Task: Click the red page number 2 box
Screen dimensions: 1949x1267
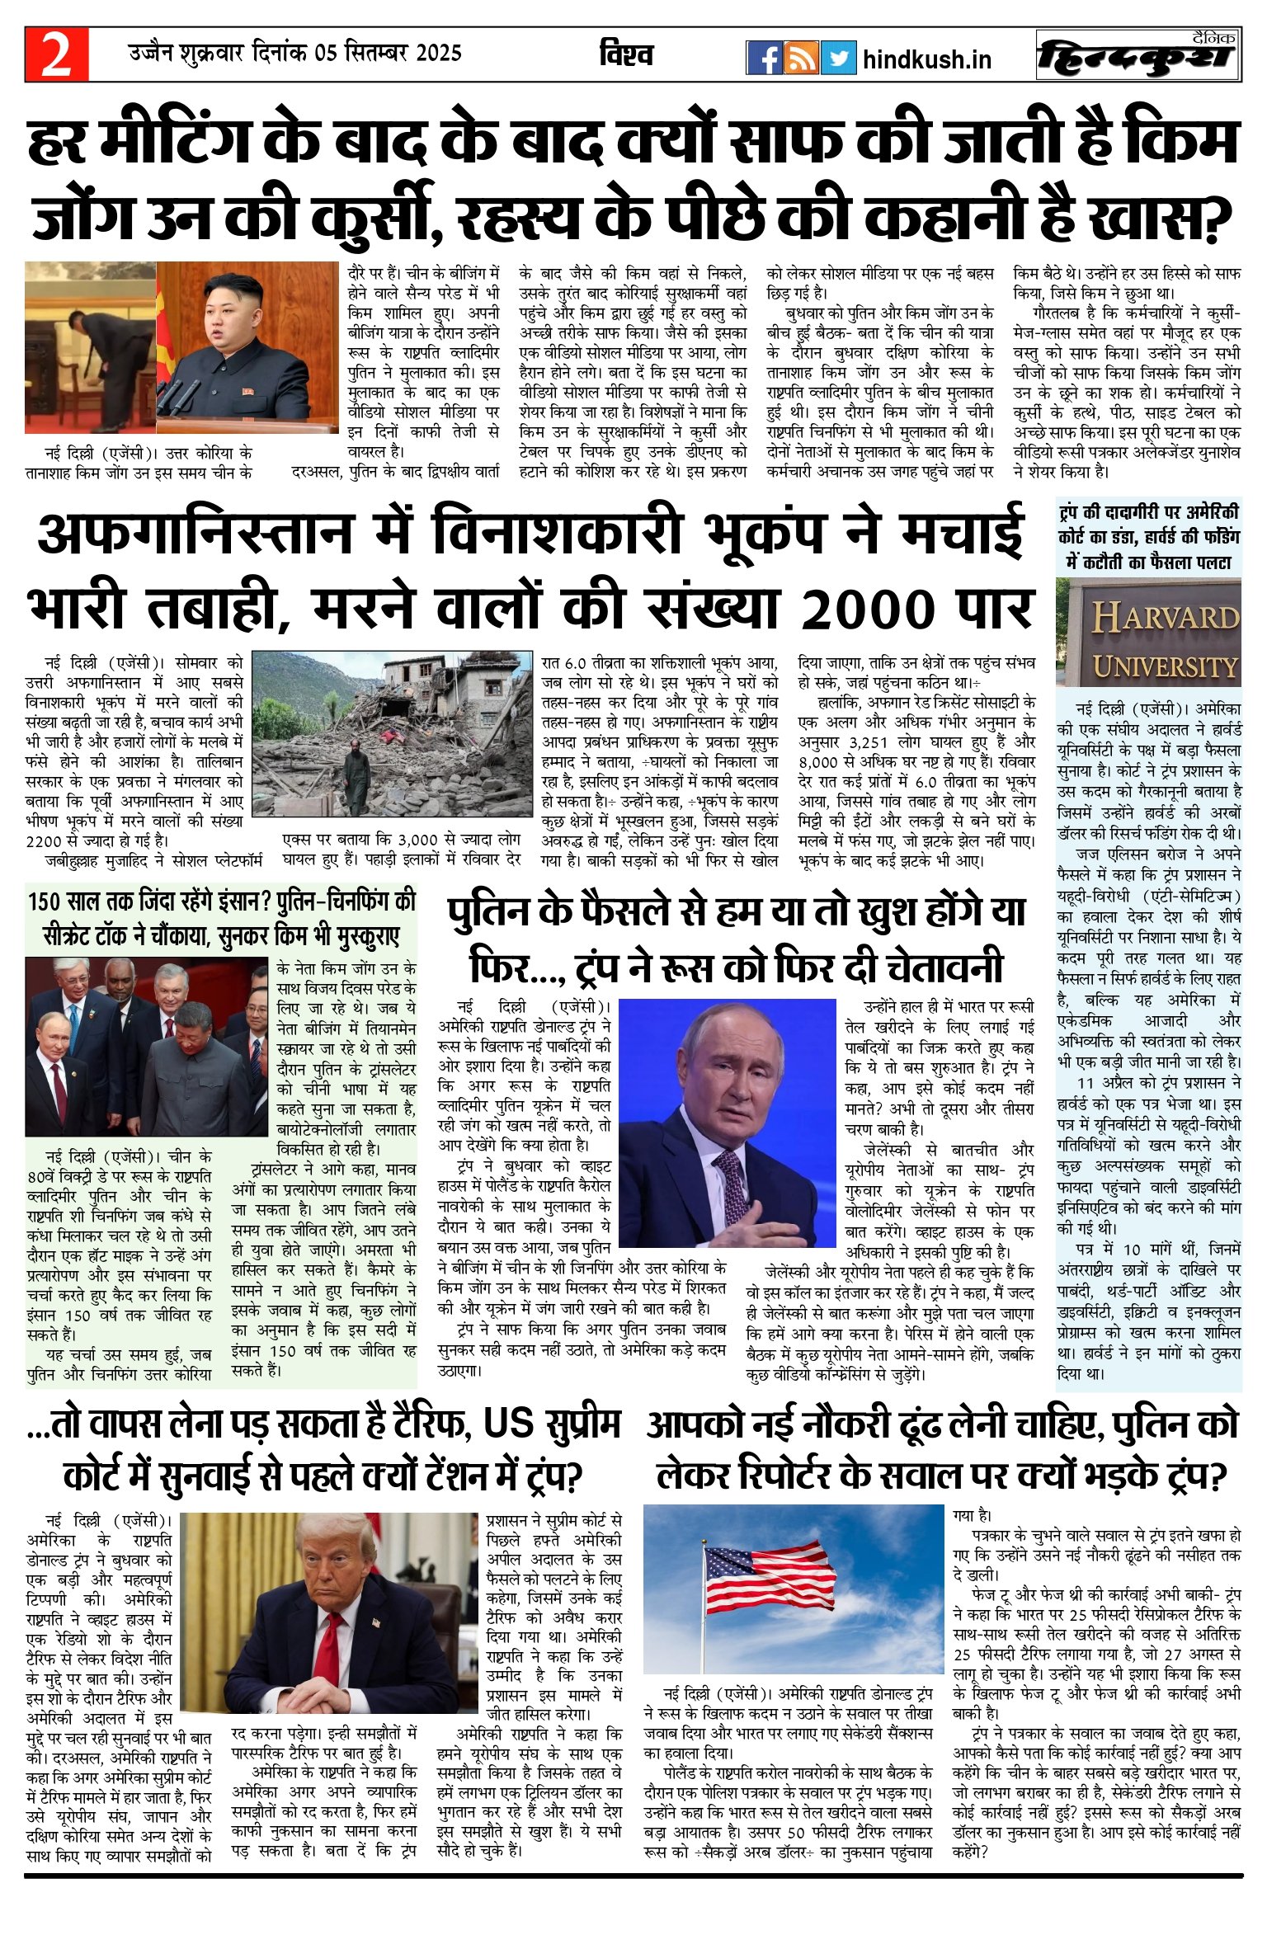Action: pos(56,54)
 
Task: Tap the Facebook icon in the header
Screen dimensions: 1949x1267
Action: pos(764,58)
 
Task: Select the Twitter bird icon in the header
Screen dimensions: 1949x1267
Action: pos(838,58)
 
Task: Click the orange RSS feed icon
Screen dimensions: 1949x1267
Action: pos(801,58)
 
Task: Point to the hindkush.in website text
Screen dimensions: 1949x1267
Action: pos(926,60)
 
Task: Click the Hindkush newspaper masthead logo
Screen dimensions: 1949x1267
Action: pos(1138,56)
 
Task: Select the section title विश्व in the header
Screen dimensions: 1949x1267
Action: pos(626,55)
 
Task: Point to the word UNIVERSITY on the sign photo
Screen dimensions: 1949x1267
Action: pos(1165,666)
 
